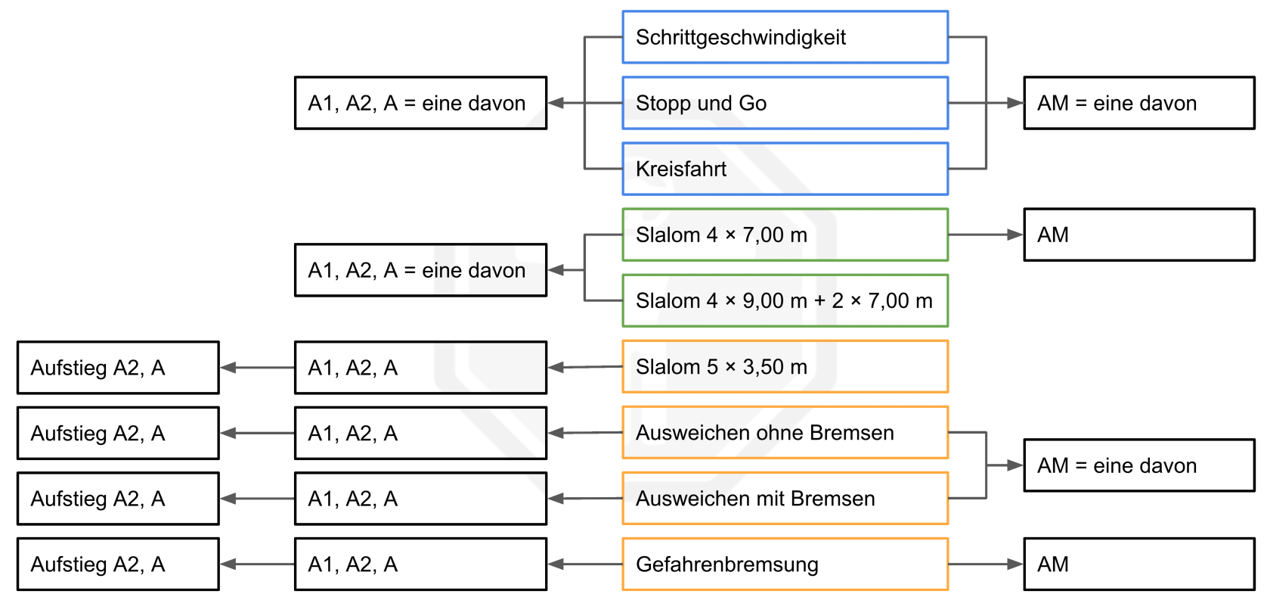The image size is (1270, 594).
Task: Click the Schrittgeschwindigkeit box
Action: pos(785,37)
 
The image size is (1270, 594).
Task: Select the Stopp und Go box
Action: pos(785,103)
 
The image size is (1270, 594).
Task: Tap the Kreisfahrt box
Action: pos(785,169)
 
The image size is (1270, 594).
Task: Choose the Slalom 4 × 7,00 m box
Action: pos(785,235)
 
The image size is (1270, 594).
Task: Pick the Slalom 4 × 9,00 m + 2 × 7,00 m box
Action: pos(785,300)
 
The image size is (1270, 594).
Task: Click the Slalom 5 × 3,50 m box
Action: pos(785,366)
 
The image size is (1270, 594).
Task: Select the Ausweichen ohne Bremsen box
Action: pos(785,432)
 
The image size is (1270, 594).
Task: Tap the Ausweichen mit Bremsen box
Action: pos(785,498)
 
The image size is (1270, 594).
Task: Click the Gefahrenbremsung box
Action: pos(785,564)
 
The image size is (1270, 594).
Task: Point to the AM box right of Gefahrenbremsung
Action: pos(1139,564)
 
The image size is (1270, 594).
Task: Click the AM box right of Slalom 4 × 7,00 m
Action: pos(1139,235)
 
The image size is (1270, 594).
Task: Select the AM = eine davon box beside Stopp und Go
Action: pos(1139,103)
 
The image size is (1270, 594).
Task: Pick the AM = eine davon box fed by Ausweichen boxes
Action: pos(1139,465)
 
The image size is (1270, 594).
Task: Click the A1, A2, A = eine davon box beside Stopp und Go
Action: pos(420,103)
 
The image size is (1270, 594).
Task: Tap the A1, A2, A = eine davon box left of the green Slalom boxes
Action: pos(420,270)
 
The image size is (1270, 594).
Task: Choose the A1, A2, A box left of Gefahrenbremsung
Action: pos(420,564)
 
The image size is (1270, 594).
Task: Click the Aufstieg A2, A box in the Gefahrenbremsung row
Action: pos(118,564)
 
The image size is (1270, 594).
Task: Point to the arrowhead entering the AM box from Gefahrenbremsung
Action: pos(1015,564)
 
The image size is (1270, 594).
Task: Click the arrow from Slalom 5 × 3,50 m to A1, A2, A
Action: pos(585,367)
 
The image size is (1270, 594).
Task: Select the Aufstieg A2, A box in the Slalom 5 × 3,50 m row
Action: pos(118,367)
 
